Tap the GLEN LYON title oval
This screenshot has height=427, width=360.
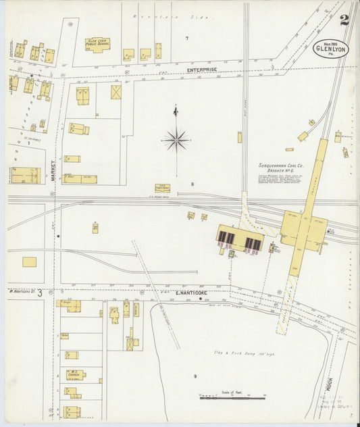click(x=331, y=49)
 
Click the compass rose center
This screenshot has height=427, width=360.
click(x=176, y=141)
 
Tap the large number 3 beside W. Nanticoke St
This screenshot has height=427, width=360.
click(x=40, y=293)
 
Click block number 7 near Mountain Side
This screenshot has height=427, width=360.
click(x=187, y=39)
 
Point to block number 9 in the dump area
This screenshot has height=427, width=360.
click(x=195, y=376)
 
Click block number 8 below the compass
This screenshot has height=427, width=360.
click(x=192, y=184)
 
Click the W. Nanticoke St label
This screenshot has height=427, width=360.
click(x=21, y=291)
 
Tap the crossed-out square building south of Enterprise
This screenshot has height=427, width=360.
click(x=116, y=92)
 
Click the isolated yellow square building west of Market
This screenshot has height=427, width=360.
click(x=29, y=261)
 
